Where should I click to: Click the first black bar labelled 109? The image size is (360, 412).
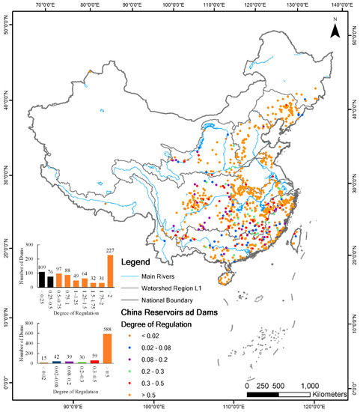click(x=42, y=277)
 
